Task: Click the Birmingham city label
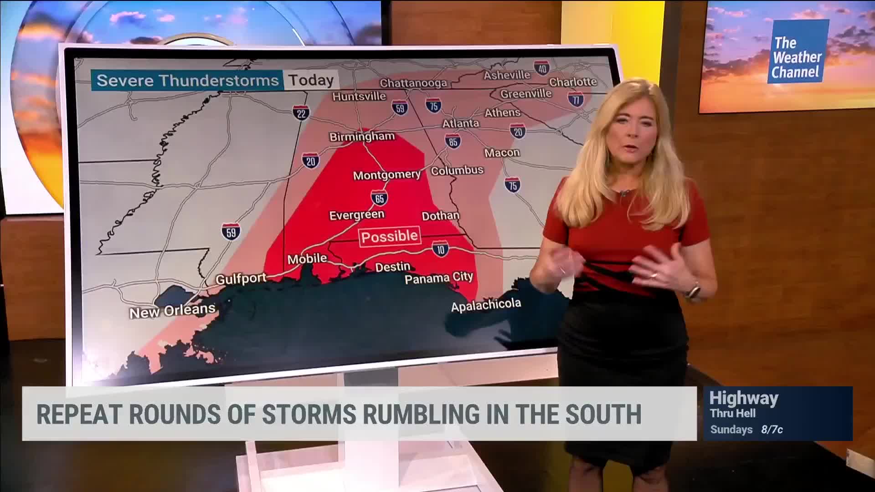pos(362,136)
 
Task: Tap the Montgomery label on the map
pos(386,174)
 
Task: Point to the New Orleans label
pos(172,311)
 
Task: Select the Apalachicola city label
pos(486,305)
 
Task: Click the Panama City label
pos(439,277)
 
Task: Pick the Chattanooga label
pos(413,83)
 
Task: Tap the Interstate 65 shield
pos(380,198)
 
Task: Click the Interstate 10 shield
pos(440,249)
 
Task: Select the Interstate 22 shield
pos(301,113)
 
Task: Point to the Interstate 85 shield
pos(453,142)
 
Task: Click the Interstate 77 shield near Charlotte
pos(576,99)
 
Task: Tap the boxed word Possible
pos(389,236)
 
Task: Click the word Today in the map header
pos(311,80)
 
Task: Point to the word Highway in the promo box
pos(744,398)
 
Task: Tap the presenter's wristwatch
pos(693,291)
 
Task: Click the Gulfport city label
pos(241,278)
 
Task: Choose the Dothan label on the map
pos(440,215)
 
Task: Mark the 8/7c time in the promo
pos(772,429)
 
